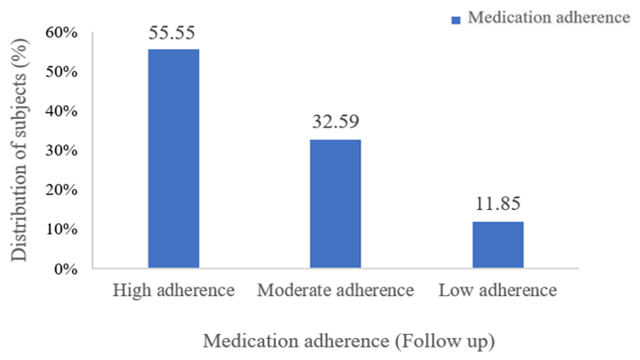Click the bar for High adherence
click(174, 159)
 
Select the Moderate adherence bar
click(336, 204)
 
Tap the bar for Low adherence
click(497, 245)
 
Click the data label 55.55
click(174, 33)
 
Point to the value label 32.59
click(336, 123)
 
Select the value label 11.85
click(497, 205)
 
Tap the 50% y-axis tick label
click(62, 72)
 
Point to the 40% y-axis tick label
click(62, 111)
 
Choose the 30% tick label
click(62, 151)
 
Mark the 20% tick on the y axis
click(62, 191)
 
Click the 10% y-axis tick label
click(62, 230)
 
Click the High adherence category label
click(173, 292)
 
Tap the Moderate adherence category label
click(336, 292)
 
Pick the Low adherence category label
click(497, 292)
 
